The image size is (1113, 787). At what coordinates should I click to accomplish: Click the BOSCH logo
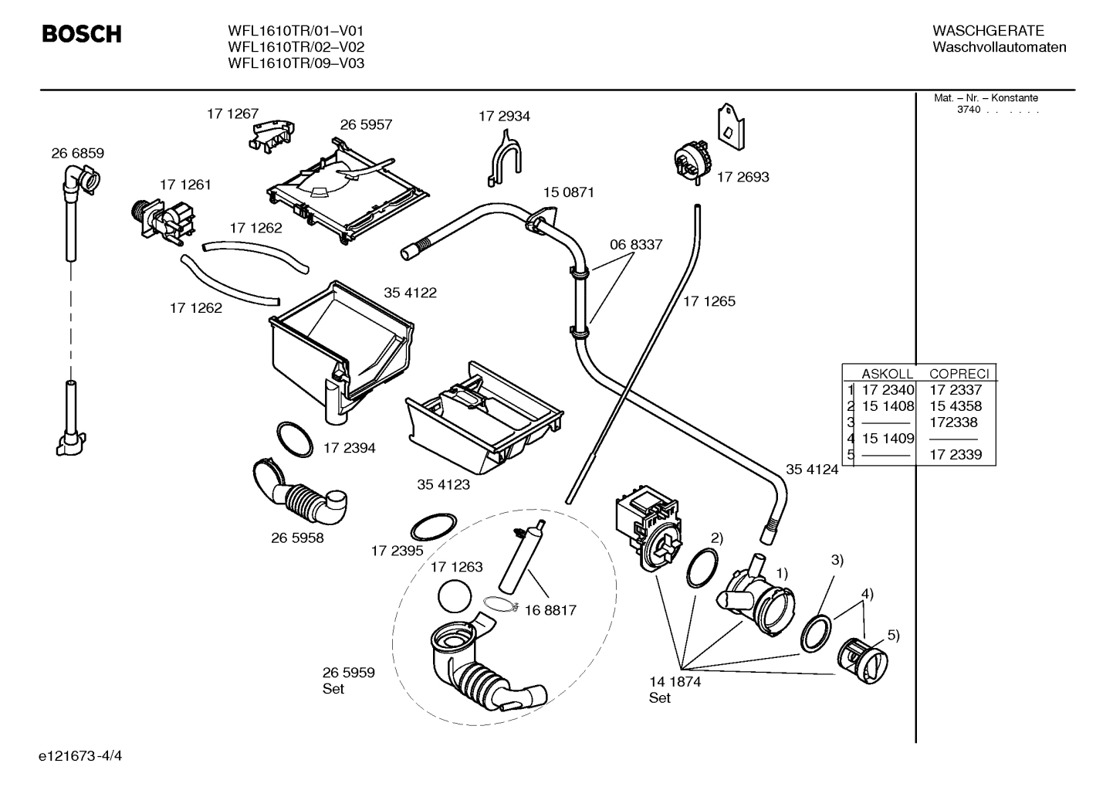pyautogui.click(x=81, y=34)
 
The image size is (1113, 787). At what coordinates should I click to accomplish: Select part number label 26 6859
pyautogui.click(x=77, y=153)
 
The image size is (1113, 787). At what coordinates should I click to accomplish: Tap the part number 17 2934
pyautogui.click(x=504, y=116)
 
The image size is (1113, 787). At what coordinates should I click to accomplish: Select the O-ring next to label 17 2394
pyautogui.click(x=294, y=439)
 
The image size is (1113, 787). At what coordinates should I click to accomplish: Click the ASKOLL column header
pyautogui.click(x=887, y=373)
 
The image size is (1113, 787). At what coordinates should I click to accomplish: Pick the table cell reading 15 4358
pyautogui.click(x=955, y=405)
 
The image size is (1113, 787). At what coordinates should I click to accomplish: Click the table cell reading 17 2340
pyautogui.click(x=888, y=390)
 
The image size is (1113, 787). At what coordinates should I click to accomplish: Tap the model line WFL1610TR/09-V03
pyautogui.click(x=296, y=63)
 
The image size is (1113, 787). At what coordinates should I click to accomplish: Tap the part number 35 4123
pyautogui.click(x=443, y=484)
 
